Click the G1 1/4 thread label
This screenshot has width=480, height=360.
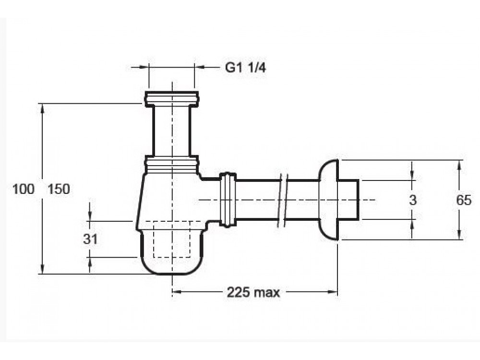(245, 68)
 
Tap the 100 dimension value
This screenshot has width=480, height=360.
(23, 189)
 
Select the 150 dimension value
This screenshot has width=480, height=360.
(59, 189)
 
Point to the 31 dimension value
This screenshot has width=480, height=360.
(90, 239)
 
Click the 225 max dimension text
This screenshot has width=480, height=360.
(253, 293)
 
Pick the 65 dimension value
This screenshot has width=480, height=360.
(464, 200)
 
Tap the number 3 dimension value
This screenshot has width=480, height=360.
(413, 200)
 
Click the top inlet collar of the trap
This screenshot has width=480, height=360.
(172, 98)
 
